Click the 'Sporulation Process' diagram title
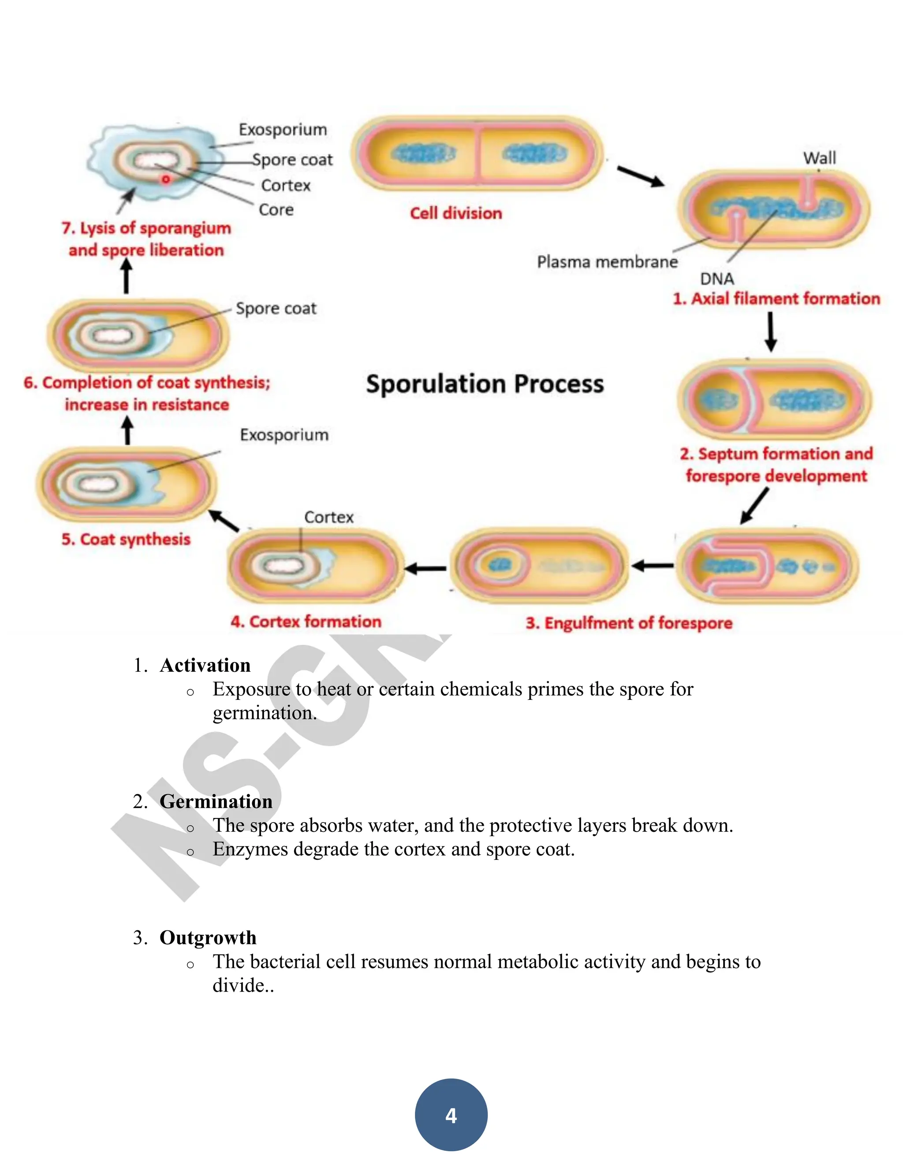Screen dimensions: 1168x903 tap(485, 384)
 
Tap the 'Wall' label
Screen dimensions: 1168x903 tap(819, 158)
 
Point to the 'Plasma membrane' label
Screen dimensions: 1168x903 tap(607, 262)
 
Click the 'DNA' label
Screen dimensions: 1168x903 tap(717, 279)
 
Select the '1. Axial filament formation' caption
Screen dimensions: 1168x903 tap(776, 298)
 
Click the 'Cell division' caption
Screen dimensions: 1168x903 tap(456, 213)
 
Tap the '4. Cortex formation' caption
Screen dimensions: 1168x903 tap(306, 621)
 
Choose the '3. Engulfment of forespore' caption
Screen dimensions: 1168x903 tap(629, 623)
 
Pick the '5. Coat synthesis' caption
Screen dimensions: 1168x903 tap(126, 539)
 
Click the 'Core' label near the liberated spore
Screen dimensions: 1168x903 tap(276, 210)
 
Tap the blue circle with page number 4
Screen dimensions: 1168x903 tap(451, 1115)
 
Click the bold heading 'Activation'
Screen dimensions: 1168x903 tap(205, 665)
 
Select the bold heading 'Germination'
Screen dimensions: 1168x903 tap(216, 802)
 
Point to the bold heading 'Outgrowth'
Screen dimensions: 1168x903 tap(208, 938)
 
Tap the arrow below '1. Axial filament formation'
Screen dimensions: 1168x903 tap(770, 331)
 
